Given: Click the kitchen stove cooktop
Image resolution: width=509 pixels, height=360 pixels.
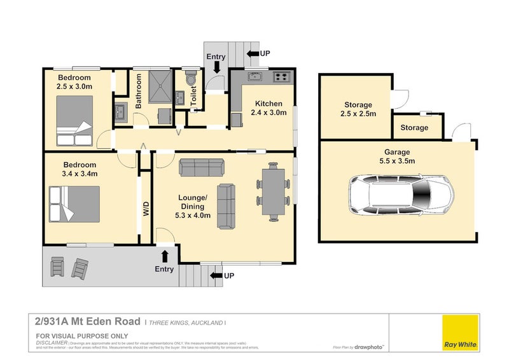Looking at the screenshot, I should point(282,78).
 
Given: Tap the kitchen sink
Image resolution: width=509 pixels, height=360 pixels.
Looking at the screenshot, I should point(255,77).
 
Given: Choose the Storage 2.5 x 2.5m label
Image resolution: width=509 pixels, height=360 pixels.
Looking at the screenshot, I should point(359,109).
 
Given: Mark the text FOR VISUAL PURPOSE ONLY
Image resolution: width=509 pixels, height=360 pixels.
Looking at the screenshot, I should point(82,336).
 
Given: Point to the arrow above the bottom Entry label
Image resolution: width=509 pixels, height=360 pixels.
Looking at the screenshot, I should point(165,256).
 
